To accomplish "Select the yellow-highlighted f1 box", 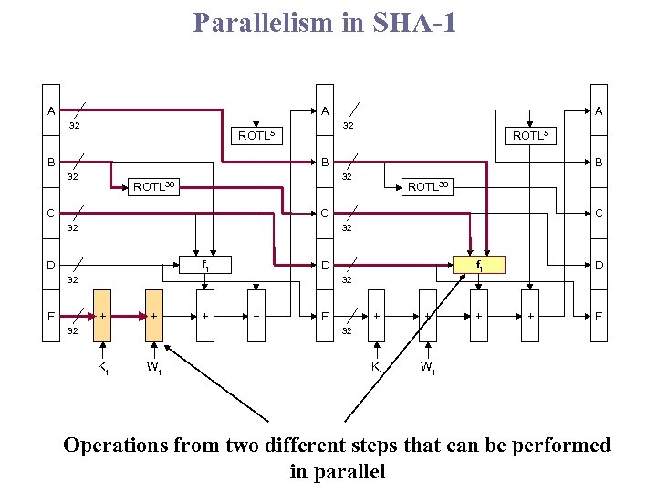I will pyautogui.click(x=480, y=266).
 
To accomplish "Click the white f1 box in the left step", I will pyautogui.click(x=205, y=266).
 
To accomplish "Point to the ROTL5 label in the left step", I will pyautogui.click(x=255, y=136).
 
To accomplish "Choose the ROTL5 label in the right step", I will pyautogui.click(x=531, y=136).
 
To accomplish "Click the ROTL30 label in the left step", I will pyautogui.click(x=153, y=186).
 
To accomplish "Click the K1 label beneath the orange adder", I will pyautogui.click(x=104, y=368).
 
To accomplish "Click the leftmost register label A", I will pyautogui.click(x=50, y=110).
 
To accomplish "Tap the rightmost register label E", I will pyautogui.click(x=599, y=317).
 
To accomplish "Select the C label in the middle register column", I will pyautogui.click(x=325, y=214).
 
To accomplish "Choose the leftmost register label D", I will pyautogui.click(x=50, y=266).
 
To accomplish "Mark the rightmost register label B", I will pyautogui.click(x=599, y=163).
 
